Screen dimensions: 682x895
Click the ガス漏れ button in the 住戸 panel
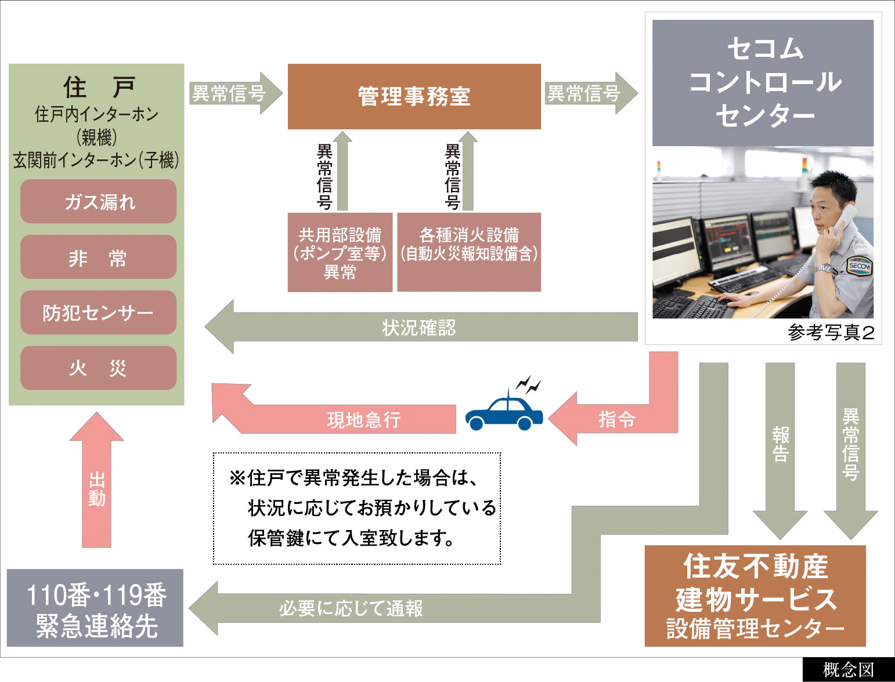(x=98, y=201)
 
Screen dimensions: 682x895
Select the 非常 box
(x=98, y=257)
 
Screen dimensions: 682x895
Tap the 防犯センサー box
(x=98, y=313)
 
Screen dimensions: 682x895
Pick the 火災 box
(x=98, y=368)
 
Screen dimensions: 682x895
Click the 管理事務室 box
(x=414, y=96)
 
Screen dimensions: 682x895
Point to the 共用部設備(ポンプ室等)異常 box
(x=340, y=252)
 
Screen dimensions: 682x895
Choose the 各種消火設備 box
(x=469, y=252)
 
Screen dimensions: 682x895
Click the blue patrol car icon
(x=504, y=412)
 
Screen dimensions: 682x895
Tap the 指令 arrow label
(x=616, y=419)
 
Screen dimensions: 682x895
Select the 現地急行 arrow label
(x=364, y=419)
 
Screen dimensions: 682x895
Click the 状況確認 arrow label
(x=419, y=328)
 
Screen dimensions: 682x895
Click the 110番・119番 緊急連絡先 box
(x=96, y=608)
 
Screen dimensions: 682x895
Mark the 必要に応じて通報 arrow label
(x=351, y=608)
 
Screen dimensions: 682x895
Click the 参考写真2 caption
(x=831, y=332)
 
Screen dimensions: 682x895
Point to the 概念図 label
(x=848, y=670)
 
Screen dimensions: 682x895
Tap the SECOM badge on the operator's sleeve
(x=859, y=266)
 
